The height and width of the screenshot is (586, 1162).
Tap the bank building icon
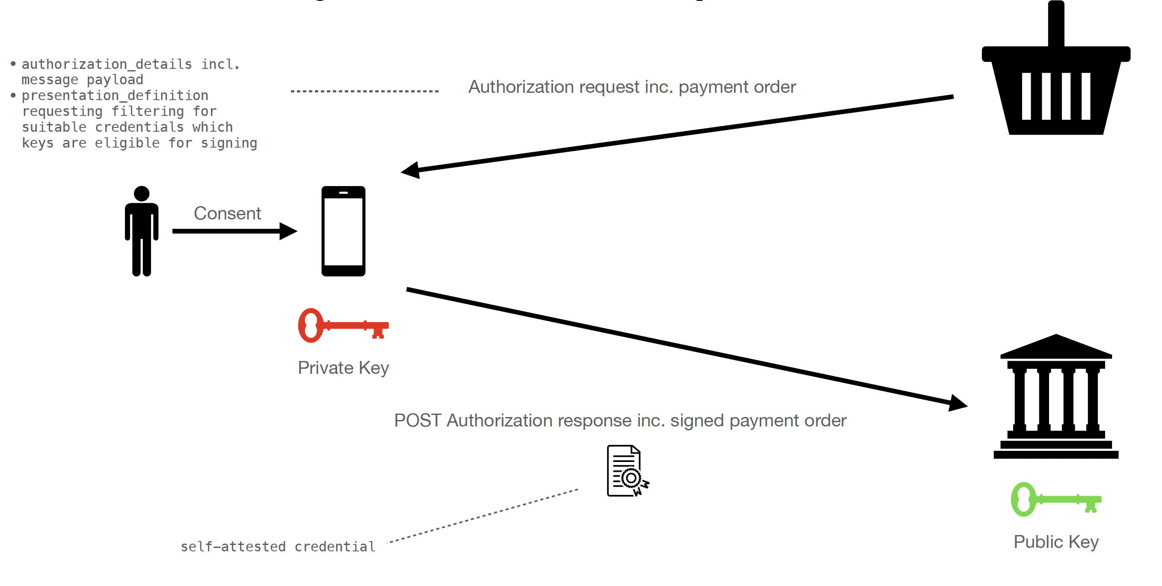point(1055,396)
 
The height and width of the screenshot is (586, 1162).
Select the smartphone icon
point(343,231)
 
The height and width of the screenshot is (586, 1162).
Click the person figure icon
point(142,231)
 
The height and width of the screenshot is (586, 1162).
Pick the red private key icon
point(343,325)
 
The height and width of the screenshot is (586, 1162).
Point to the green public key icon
point(1055,499)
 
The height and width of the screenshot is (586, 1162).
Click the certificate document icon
point(628,471)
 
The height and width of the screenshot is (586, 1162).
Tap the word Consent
point(227,213)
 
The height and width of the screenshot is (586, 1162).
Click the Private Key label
point(343,368)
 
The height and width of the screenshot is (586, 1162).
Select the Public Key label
point(1056,542)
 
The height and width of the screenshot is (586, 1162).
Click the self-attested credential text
point(278,546)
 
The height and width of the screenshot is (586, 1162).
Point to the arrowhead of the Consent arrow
point(288,231)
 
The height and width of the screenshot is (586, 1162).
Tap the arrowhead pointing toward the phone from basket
point(410,170)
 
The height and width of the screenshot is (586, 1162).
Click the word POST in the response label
point(418,420)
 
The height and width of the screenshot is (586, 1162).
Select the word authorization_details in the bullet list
point(107,64)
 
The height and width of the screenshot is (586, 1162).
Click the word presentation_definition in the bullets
point(115,95)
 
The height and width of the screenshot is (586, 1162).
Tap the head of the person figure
point(142,193)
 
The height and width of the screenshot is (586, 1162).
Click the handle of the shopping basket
point(1056,24)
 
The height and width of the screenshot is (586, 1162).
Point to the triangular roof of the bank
point(1055,346)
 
